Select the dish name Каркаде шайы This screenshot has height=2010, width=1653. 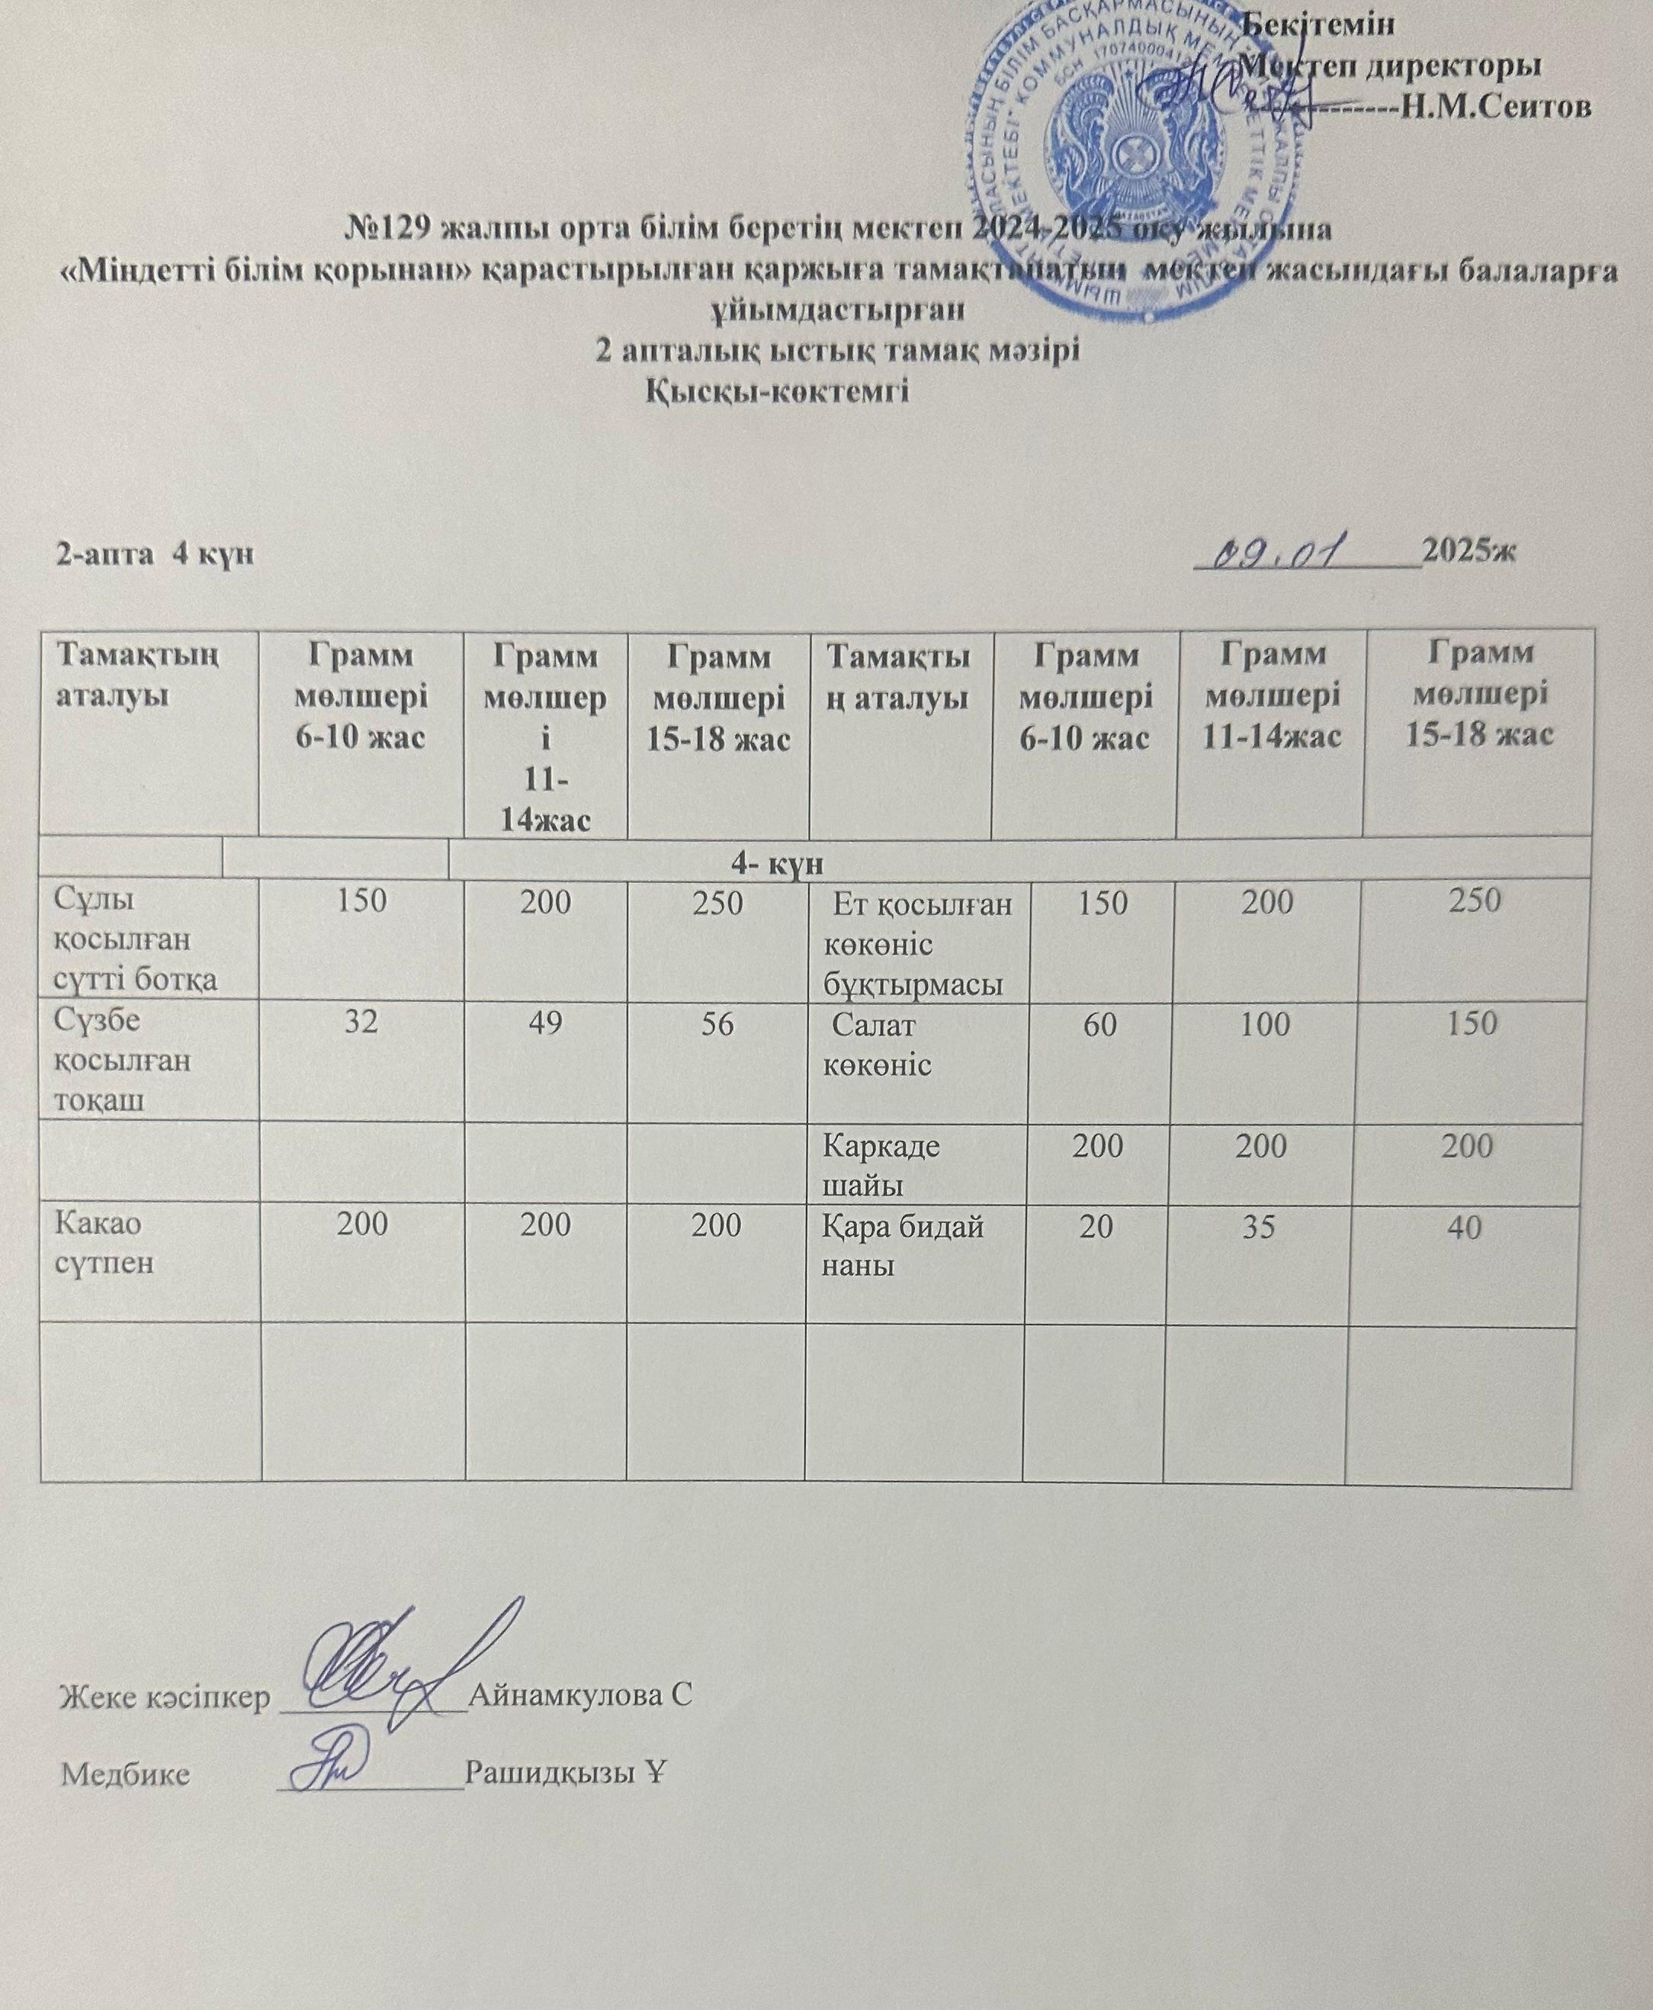pos(881,1164)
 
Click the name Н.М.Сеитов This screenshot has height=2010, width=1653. pos(1495,108)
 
